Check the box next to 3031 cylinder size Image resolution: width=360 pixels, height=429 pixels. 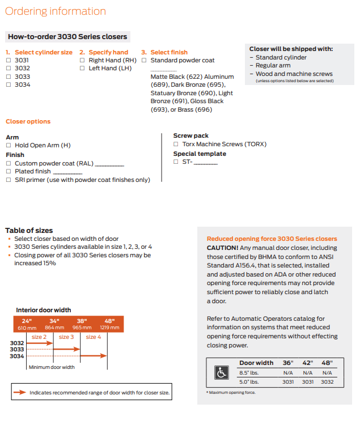9,60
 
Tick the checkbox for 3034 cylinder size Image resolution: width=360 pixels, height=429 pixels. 9,84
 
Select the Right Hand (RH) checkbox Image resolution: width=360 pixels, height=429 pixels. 83,60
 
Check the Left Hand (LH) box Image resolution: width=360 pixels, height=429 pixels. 83,68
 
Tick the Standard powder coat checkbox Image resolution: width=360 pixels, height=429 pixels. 145,60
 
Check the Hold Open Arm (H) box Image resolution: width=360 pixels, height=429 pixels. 9,146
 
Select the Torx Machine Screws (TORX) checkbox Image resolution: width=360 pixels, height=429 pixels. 176,144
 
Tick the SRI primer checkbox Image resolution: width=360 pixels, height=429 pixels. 9,180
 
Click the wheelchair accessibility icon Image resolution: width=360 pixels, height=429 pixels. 221,372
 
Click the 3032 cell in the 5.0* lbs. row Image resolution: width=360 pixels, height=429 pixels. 327,382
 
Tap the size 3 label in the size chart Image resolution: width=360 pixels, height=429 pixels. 66,337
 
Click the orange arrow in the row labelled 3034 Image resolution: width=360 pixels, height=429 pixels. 94,356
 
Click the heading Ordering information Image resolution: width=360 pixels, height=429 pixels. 56,11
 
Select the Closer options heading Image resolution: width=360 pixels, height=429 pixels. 28,121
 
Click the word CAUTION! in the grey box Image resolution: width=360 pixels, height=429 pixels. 222,248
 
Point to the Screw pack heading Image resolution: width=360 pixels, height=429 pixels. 190,135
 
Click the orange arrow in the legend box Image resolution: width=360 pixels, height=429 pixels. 20,392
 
